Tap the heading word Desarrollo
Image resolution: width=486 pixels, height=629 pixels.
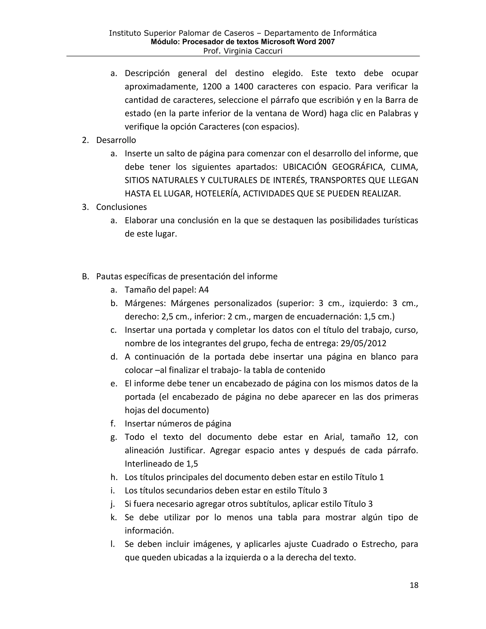pos(116,140)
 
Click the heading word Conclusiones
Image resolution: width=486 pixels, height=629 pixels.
pos(121,207)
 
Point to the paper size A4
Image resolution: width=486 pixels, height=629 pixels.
pos(204,290)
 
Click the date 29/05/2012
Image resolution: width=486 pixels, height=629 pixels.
pos(363,343)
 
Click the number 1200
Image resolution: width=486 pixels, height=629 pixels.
pos(212,87)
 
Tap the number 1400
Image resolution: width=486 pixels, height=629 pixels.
pos(243,87)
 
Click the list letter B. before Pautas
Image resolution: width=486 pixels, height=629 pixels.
pos(85,277)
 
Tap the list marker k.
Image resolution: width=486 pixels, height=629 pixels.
pos(113,517)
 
